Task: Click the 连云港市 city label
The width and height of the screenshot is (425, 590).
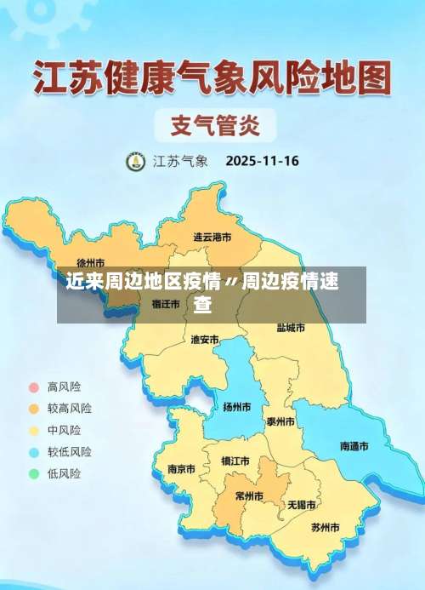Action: (212, 237)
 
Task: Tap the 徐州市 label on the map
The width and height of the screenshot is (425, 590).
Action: (91, 263)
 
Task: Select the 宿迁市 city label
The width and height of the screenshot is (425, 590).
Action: (166, 302)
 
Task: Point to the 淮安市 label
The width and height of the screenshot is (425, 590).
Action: (205, 340)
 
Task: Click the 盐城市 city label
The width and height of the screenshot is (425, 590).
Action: (291, 327)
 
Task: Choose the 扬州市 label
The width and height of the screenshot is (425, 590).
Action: (236, 407)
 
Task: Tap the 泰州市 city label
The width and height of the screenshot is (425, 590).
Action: (280, 421)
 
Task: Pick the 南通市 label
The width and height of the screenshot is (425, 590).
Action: (354, 446)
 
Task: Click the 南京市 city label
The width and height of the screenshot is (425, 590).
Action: (181, 469)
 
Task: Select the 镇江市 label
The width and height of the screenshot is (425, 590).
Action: (235, 461)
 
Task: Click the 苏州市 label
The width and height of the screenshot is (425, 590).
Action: (325, 528)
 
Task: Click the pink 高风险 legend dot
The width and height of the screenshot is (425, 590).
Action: (34, 387)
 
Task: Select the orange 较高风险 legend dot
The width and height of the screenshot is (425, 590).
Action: (34, 409)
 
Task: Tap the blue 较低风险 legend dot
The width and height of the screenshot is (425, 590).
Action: (34, 452)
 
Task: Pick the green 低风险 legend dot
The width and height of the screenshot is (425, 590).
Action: (34, 474)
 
